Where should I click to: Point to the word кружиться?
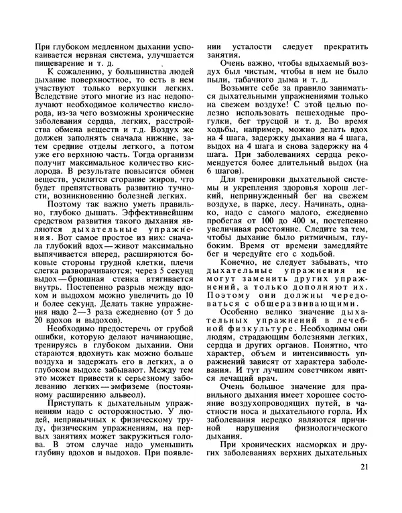coord(147,443)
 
